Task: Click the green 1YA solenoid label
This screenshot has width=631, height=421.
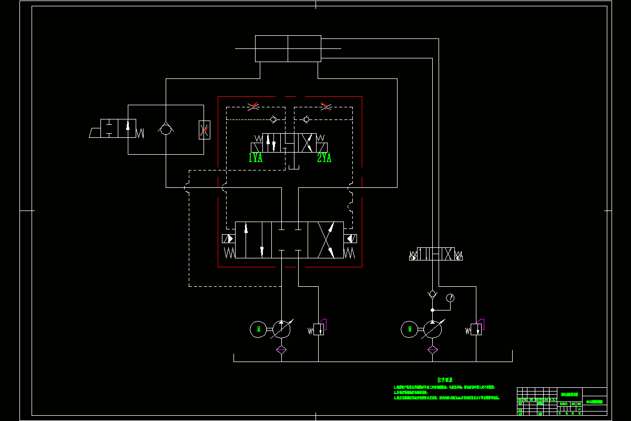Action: (x=256, y=158)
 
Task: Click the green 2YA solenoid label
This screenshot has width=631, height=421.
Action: (x=324, y=158)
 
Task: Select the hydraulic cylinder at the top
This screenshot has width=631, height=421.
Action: (x=288, y=48)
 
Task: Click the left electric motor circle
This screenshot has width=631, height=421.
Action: (x=258, y=329)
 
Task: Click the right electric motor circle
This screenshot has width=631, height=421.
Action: (x=410, y=329)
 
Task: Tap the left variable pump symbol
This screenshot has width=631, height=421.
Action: (x=281, y=329)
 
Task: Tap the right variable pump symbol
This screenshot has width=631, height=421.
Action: (x=433, y=329)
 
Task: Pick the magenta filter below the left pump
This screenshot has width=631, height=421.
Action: (x=281, y=349)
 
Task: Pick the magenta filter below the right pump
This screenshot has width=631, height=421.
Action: (x=433, y=349)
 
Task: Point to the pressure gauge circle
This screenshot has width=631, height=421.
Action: (x=450, y=298)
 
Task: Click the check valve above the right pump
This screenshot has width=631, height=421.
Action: (x=433, y=293)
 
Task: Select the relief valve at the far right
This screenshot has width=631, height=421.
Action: (x=476, y=329)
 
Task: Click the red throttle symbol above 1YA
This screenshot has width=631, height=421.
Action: (x=253, y=107)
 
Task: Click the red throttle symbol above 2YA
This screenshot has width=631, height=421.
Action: (x=325, y=107)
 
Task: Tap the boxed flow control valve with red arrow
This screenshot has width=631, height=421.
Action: (x=205, y=129)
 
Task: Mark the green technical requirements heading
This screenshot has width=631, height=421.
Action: (x=445, y=379)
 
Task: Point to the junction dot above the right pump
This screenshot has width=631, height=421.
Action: (x=433, y=310)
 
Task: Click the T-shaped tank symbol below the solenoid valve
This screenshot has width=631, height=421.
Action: (x=293, y=167)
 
